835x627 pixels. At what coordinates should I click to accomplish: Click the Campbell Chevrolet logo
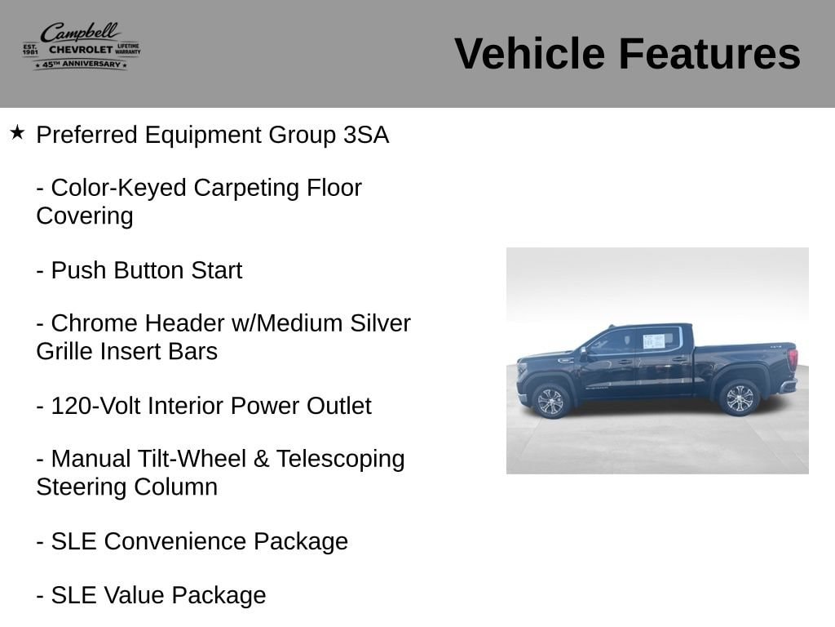pyautogui.click(x=82, y=46)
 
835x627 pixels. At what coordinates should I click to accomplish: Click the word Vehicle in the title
pyautogui.click(x=529, y=53)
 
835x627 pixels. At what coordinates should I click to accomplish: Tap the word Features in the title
pyautogui.click(x=709, y=53)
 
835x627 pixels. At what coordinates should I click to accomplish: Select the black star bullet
pyautogui.click(x=17, y=132)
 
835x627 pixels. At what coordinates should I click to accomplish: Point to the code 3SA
pyautogui.click(x=366, y=135)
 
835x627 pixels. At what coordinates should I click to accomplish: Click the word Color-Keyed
pyautogui.click(x=119, y=189)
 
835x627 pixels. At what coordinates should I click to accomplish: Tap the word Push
pyautogui.click(x=78, y=270)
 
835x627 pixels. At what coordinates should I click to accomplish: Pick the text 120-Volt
pyautogui.click(x=95, y=406)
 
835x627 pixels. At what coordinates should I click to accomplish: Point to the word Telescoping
pyautogui.click(x=340, y=460)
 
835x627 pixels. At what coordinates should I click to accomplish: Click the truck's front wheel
pyautogui.click(x=550, y=401)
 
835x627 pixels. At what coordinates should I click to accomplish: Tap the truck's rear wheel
pyautogui.click(x=739, y=398)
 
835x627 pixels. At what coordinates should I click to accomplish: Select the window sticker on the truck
pyautogui.click(x=653, y=341)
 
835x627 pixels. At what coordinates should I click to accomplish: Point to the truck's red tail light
pyautogui.click(x=793, y=358)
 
